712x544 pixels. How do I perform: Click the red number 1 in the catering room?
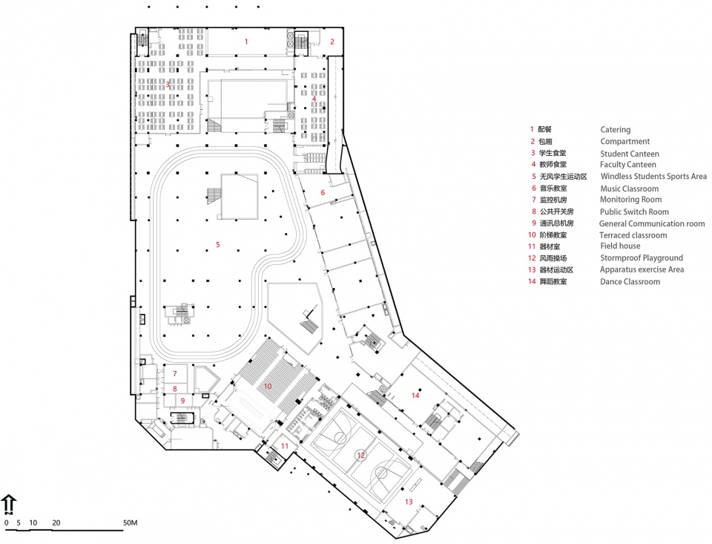tap(246, 42)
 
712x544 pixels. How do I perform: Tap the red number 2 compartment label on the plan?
tap(332, 42)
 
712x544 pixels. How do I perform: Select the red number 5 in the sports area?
tap(217, 245)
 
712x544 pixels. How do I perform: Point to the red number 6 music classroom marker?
tap(323, 193)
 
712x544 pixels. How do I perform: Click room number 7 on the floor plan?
tap(175, 374)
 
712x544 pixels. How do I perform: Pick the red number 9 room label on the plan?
tap(182, 401)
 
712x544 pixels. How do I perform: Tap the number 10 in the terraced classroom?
tap(268, 387)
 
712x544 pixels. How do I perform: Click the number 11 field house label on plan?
tap(285, 446)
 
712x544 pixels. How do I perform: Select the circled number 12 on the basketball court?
tap(360, 456)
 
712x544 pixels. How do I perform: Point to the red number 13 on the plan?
tap(409, 502)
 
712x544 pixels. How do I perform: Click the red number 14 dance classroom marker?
tap(415, 396)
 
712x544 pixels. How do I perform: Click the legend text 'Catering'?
tap(616, 130)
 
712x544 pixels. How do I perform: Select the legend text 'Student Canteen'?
tap(630, 154)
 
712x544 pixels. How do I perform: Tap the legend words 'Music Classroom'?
tap(630, 189)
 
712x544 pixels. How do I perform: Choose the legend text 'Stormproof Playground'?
tap(641, 258)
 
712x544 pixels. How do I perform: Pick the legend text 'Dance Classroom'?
tap(630, 282)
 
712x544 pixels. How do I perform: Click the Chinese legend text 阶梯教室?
tap(553, 235)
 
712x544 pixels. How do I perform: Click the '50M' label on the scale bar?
tap(130, 522)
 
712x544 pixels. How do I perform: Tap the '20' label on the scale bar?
tap(56, 522)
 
